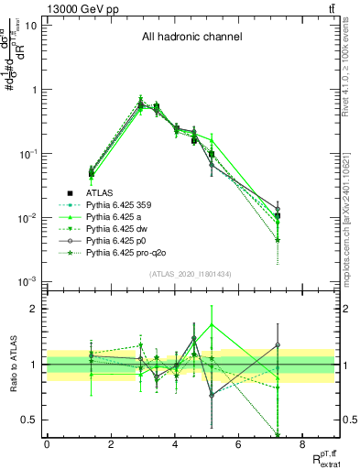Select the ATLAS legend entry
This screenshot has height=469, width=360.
[101, 193]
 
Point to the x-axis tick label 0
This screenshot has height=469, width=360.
[47, 444]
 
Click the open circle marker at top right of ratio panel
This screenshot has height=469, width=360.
[278, 345]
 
